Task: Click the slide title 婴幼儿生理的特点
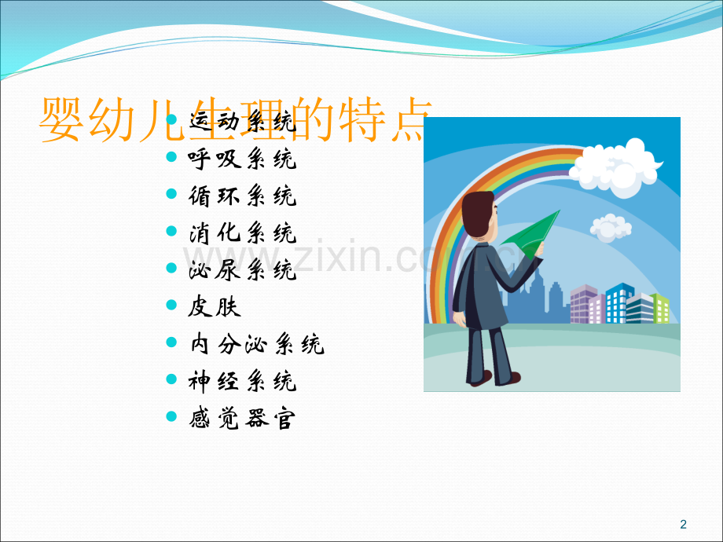(x=236, y=120)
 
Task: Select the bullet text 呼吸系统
(x=242, y=159)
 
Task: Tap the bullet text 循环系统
(x=242, y=196)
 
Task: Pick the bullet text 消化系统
(x=242, y=233)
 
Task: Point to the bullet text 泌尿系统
(x=242, y=270)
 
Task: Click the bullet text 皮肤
(x=215, y=307)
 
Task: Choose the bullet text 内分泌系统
(x=256, y=344)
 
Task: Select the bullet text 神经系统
(x=242, y=382)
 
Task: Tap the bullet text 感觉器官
(x=242, y=419)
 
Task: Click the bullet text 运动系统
(x=242, y=123)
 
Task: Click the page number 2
(x=682, y=524)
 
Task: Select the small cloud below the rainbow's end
(x=611, y=227)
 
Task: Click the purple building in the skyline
(x=584, y=305)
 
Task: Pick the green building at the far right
(x=659, y=308)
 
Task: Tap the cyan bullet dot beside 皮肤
(x=172, y=306)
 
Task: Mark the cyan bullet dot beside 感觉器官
(x=172, y=418)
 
